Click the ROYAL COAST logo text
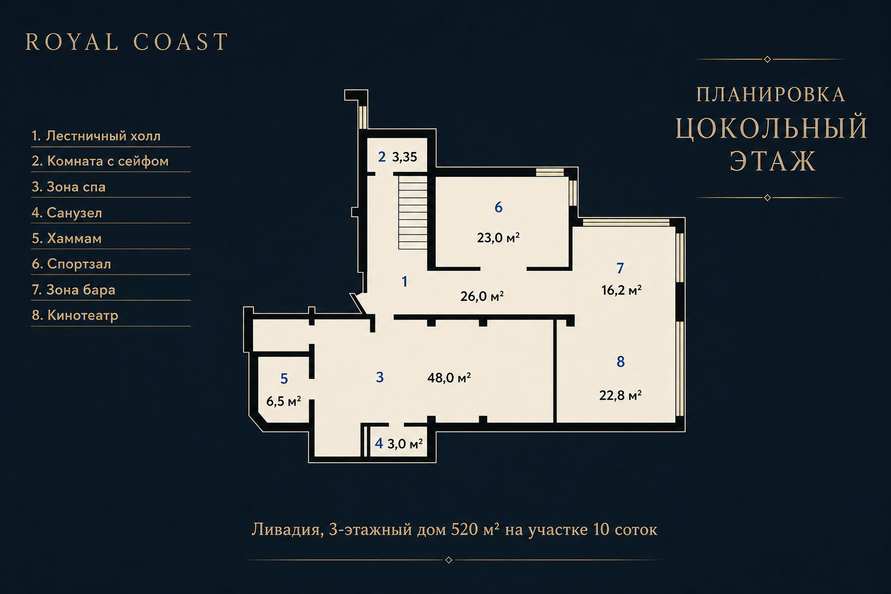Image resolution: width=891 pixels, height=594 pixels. pyautogui.click(x=127, y=42)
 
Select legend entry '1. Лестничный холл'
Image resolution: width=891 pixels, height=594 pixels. pyautogui.click(x=96, y=136)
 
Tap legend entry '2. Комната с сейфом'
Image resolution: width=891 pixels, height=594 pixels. pyautogui.click(x=100, y=161)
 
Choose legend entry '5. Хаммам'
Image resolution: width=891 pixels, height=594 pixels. pyautogui.click(x=66, y=239)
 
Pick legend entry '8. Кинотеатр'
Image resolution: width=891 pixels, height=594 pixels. pyautogui.click(x=75, y=316)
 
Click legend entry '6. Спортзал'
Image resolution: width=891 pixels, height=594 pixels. pyautogui.click(x=71, y=264)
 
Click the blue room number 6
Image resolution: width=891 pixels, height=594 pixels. pyautogui.click(x=498, y=207)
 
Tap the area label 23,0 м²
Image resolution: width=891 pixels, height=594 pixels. pyautogui.click(x=498, y=238)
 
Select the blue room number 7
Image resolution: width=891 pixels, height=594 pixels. pyautogui.click(x=620, y=268)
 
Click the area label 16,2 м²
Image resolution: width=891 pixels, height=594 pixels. pyautogui.click(x=621, y=291)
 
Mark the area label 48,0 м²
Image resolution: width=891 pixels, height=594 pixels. pyautogui.click(x=449, y=378)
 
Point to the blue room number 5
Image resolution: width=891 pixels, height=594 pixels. pyautogui.click(x=284, y=379)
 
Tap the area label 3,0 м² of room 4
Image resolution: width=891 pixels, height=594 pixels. pyautogui.click(x=405, y=444)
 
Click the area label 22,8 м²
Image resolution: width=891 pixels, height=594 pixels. pyautogui.click(x=620, y=395)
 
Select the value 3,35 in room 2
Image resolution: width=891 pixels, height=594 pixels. pyautogui.click(x=404, y=157)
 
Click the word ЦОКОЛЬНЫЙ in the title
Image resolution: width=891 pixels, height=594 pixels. pyautogui.click(x=771, y=129)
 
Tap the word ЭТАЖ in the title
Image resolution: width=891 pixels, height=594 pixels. pyautogui.click(x=773, y=161)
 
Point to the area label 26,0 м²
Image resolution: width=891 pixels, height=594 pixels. pyautogui.click(x=482, y=296)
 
